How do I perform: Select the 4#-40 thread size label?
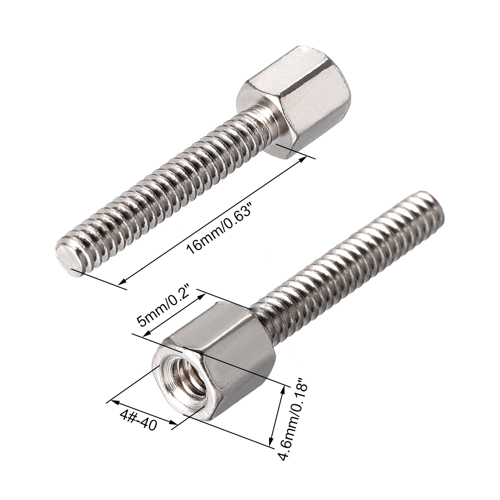(139, 420)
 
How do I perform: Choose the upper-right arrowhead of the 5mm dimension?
(201, 295)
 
